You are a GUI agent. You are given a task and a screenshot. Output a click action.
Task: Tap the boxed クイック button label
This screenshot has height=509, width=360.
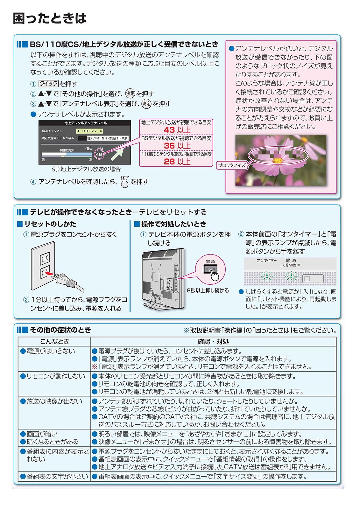pos(48,84)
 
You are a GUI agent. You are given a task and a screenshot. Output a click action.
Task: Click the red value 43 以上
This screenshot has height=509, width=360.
pos(177,130)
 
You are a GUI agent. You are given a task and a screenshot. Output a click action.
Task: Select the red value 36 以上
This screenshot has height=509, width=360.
pos(177,146)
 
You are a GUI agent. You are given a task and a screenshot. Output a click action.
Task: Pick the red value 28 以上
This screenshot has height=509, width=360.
pos(177,162)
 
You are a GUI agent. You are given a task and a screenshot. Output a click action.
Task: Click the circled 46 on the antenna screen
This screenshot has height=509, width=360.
pos(99,154)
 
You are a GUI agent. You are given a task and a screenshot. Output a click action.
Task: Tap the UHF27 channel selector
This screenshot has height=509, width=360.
pos(89,131)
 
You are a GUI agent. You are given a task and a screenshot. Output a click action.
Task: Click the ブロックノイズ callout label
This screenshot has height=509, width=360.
pos(232,165)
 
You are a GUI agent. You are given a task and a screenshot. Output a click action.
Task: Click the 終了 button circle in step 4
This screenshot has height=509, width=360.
pos(125,184)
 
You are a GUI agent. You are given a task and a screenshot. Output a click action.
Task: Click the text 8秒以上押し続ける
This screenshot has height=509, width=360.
pos(208,290)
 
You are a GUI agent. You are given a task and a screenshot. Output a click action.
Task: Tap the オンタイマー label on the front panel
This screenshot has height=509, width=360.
pos(266,261)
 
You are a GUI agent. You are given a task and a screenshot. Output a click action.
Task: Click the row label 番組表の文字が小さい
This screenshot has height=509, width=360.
pos(54,476)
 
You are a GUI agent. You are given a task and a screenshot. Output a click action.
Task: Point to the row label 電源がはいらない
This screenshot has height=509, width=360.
pos(47,351)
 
